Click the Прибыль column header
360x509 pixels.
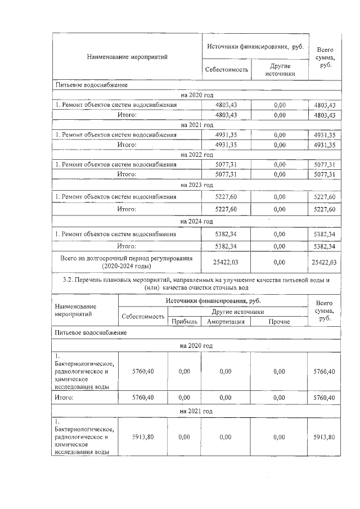(184, 322)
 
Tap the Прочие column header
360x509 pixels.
(279, 322)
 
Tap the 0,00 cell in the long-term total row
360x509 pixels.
(279, 262)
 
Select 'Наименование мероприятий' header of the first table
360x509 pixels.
(127, 57)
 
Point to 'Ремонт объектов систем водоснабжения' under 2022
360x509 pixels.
(116, 165)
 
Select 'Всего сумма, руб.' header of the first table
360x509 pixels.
(325, 57)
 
